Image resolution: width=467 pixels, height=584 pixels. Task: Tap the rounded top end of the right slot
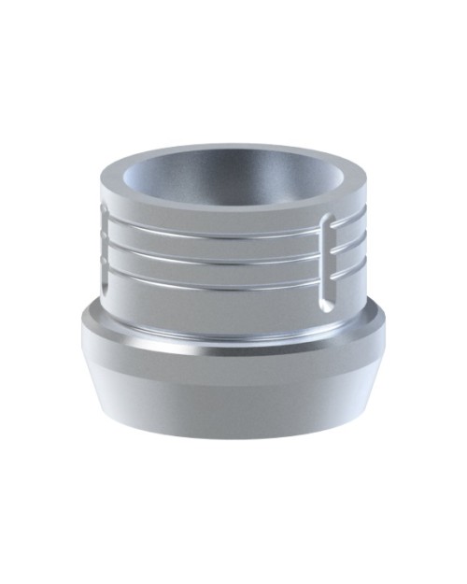click(x=325, y=222)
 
